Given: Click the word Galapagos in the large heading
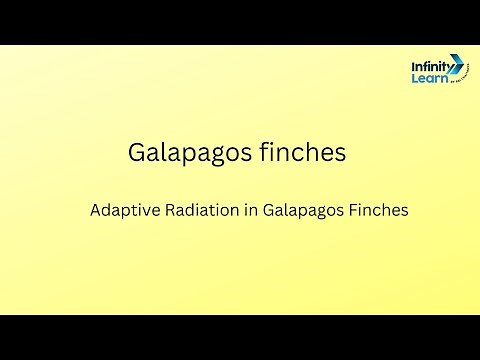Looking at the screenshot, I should [x=185, y=153].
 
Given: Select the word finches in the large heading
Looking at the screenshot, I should [x=299, y=152].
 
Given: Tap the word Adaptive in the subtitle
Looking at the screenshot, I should [x=122, y=212].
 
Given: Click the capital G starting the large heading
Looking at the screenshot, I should [x=138, y=153].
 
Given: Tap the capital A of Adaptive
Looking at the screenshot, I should [x=96, y=211].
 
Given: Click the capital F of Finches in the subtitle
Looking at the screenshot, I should [x=351, y=211].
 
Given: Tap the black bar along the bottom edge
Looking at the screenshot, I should [x=240, y=337].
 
